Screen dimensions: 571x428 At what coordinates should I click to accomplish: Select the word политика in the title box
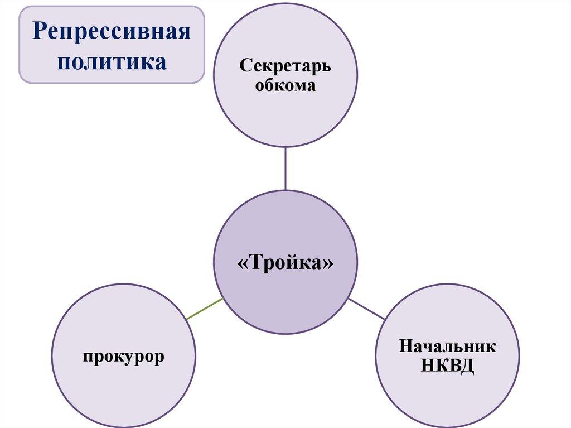click(112, 62)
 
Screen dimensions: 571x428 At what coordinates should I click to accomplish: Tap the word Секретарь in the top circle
click(285, 66)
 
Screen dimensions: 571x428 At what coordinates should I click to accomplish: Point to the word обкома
click(285, 86)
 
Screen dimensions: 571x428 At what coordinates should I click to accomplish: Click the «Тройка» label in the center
click(285, 262)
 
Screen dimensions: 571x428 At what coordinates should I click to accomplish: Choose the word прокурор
click(124, 357)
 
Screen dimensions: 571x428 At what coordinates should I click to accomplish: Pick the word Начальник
click(448, 345)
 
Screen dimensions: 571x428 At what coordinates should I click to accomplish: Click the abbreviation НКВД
click(448, 365)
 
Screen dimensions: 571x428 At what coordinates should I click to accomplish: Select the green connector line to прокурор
click(205, 309)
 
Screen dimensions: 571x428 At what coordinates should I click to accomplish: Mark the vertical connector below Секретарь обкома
click(285, 169)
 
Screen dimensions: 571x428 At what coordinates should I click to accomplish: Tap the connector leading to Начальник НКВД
click(366, 309)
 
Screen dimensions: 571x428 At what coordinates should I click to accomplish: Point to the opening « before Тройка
click(243, 263)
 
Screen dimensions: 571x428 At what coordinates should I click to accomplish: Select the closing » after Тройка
click(328, 263)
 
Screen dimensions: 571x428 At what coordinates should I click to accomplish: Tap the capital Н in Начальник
click(407, 345)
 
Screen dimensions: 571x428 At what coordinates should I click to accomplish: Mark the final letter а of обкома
click(311, 86)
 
